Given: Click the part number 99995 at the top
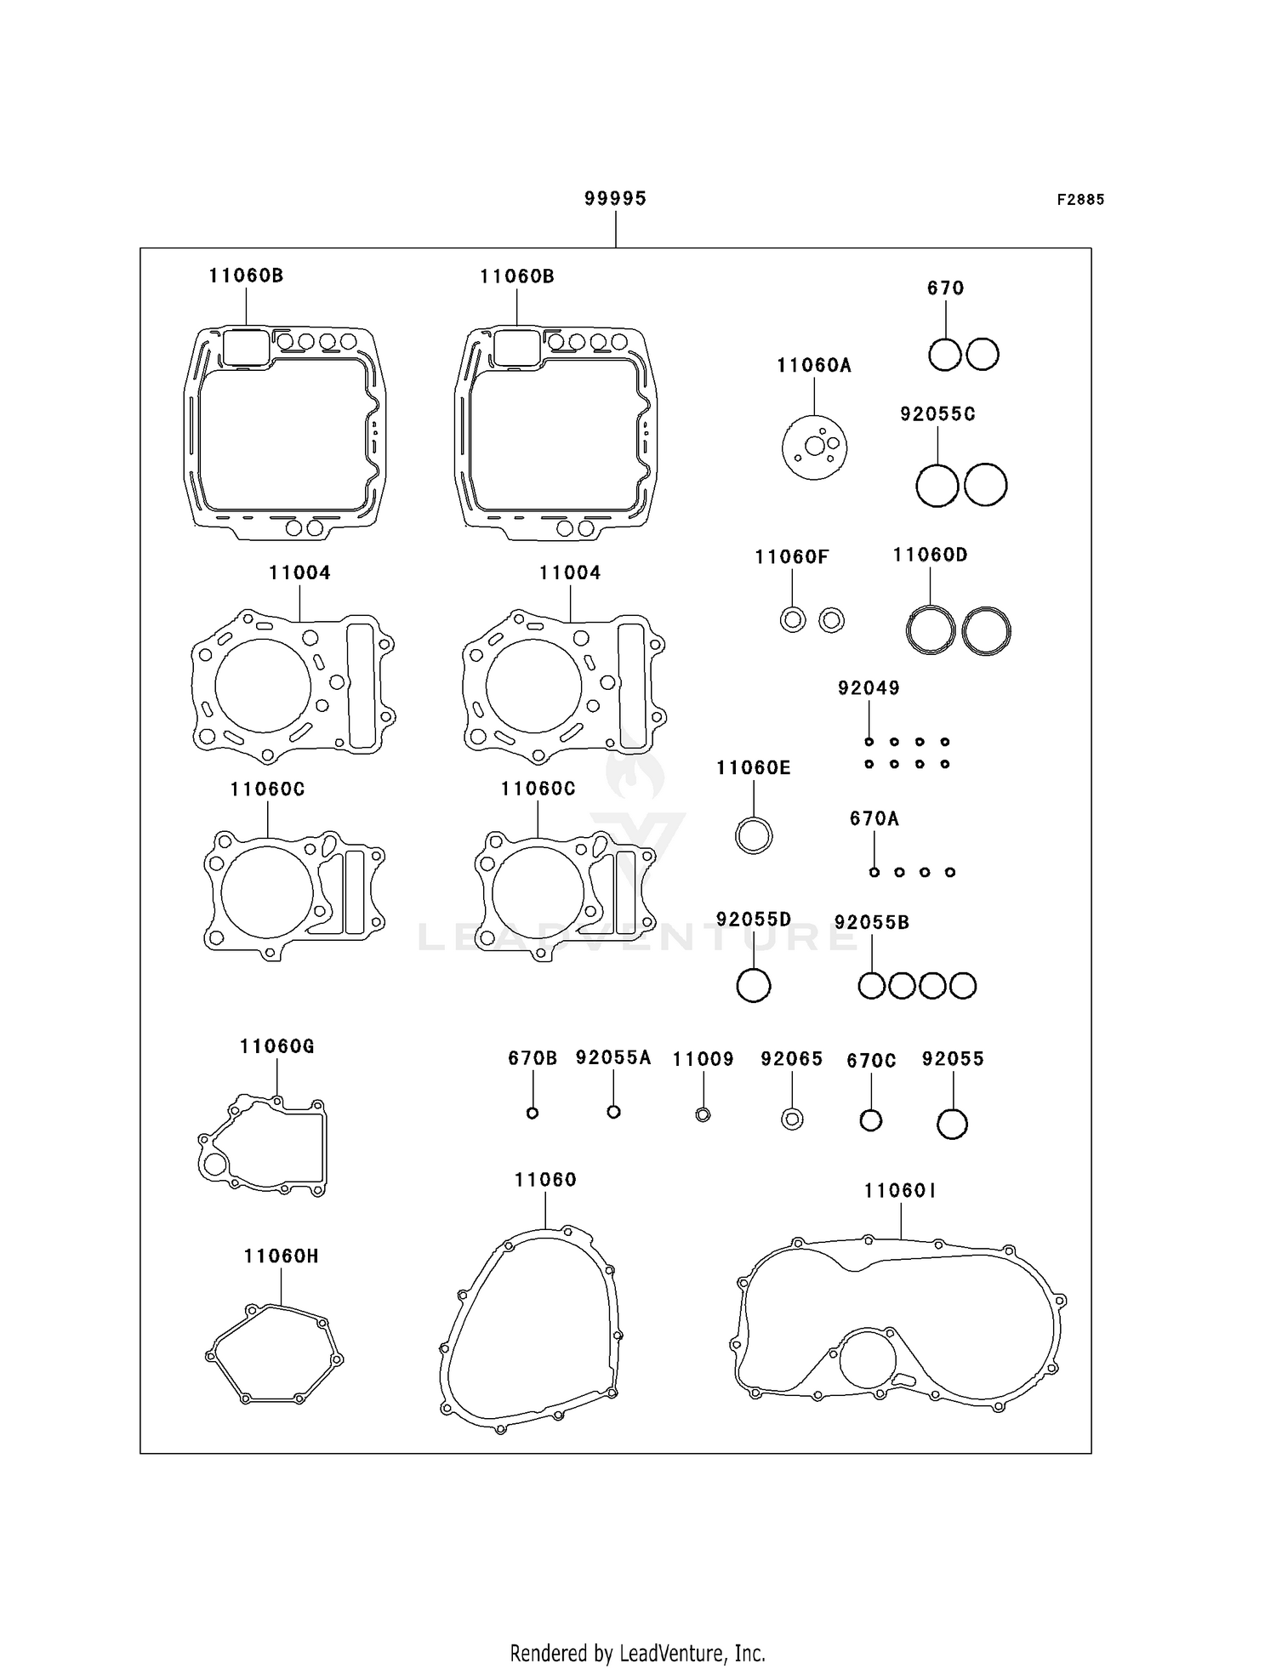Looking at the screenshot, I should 615,198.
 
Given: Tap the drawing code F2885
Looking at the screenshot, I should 1080,200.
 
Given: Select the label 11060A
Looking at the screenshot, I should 813,366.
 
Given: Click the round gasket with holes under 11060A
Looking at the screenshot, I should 814,447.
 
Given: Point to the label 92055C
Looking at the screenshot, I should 937,414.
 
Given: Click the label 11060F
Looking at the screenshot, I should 791,557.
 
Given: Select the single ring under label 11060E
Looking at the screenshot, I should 754,835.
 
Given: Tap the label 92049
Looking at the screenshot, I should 869,688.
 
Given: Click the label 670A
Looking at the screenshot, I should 874,819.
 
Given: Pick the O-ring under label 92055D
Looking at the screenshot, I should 753,986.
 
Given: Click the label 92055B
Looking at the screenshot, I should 871,923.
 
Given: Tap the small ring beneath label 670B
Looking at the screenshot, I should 533,1113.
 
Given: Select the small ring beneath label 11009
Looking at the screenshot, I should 703,1114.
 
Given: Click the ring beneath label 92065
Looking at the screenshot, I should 792,1119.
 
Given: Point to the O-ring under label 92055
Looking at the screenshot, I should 952,1124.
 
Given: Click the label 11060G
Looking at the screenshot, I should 276,1047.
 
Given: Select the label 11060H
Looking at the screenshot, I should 281,1256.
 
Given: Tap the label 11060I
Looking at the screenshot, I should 900,1192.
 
